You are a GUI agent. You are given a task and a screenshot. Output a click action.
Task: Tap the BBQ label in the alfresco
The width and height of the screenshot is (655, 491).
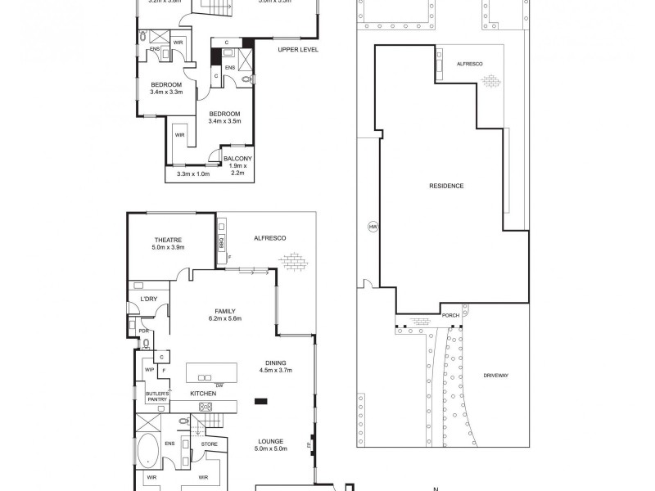point(221,243)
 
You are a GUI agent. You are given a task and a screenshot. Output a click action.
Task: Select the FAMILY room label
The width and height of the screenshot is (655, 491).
point(226,311)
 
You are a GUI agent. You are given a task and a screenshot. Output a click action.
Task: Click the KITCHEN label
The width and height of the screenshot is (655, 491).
point(203,394)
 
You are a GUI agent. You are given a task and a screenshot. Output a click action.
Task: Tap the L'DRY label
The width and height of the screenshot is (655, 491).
point(148,299)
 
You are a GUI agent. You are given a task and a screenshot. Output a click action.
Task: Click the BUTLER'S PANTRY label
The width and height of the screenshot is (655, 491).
point(157,397)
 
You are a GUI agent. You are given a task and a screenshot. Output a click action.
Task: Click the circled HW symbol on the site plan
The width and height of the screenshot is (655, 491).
point(373,227)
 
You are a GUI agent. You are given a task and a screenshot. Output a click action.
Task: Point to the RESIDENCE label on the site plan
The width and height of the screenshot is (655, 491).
point(446,186)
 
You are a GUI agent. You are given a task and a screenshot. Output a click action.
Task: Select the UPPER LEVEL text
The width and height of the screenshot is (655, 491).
point(299,49)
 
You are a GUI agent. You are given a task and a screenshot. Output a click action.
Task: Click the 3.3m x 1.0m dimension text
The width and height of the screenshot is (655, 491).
point(187,173)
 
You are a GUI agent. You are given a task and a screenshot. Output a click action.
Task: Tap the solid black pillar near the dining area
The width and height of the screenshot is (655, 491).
point(261,401)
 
